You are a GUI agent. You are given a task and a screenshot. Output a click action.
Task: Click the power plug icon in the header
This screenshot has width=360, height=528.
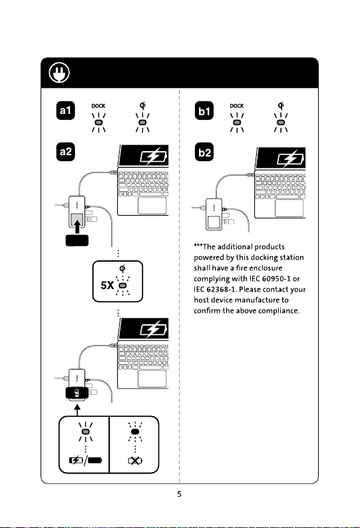(59, 73)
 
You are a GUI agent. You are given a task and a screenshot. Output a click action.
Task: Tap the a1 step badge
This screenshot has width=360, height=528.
(66, 111)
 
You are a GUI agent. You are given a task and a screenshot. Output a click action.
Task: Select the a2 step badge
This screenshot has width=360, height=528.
(66, 152)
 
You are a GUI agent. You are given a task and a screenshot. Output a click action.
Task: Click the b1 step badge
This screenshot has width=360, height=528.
(204, 111)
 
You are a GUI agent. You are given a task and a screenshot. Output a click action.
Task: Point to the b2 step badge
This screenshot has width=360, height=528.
(204, 152)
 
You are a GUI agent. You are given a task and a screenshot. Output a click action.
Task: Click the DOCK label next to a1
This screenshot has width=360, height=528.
(98, 106)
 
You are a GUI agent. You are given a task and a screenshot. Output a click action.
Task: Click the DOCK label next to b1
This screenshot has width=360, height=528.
(236, 106)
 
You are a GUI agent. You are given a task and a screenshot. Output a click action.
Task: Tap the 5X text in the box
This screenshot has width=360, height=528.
(107, 286)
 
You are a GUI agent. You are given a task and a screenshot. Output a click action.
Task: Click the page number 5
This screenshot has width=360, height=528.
(179, 494)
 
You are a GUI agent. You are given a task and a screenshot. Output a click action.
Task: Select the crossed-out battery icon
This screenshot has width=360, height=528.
(135, 460)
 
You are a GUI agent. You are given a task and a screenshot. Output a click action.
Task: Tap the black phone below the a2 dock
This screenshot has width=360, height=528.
(77, 240)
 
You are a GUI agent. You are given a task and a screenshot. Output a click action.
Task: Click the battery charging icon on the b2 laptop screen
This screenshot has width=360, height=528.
(290, 158)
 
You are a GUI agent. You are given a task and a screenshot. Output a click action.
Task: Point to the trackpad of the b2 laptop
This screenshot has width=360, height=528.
(289, 208)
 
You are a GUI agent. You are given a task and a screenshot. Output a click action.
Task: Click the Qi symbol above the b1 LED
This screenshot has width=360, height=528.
(281, 105)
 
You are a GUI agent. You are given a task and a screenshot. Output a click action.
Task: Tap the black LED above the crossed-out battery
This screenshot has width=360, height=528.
(135, 431)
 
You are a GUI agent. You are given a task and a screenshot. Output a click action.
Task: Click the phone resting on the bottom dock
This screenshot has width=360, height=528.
(77, 393)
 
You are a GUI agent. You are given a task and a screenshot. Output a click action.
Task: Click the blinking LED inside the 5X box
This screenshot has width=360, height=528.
(123, 286)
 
